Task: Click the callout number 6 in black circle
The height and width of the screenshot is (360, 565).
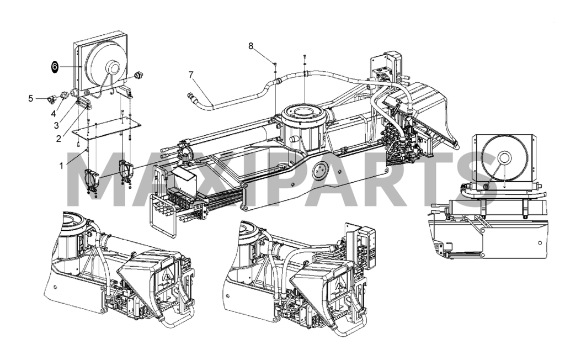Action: tap(55, 67)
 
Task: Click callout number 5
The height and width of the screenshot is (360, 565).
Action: tap(31, 98)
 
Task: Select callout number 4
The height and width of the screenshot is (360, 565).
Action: tap(54, 114)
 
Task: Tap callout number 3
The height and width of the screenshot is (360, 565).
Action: tap(56, 125)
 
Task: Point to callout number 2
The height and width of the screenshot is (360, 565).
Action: tap(58, 139)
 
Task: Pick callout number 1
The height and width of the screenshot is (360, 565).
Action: tap(61, 166)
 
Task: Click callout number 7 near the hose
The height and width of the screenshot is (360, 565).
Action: tap(191, 75)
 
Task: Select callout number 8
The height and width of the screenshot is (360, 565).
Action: tap(251, 46)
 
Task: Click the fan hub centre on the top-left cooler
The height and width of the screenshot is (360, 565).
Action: tap(113, 67)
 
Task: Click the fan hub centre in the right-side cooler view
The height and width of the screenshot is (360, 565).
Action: tap(504, 157)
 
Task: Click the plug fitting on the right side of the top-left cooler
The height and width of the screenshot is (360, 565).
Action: tap(138, 75)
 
